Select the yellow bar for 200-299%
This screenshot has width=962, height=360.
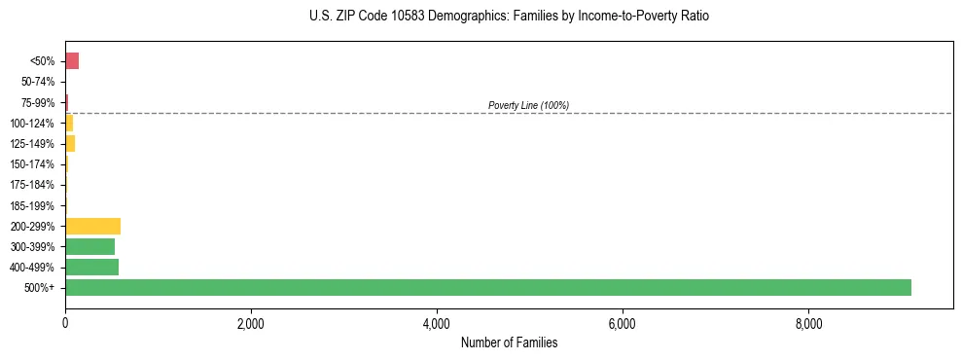92,226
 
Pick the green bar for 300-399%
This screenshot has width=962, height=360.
89,246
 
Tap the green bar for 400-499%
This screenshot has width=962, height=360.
91,267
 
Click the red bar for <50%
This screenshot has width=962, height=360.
72,61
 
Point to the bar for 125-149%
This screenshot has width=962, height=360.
70,144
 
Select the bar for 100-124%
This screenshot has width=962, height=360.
69,124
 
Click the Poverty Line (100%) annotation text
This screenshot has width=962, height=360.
528,105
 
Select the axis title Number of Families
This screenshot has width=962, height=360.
509,342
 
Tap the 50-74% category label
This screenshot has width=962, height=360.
38,82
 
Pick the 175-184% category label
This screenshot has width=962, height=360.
33,185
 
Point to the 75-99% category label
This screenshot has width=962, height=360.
38,103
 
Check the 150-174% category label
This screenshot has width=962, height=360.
33,164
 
